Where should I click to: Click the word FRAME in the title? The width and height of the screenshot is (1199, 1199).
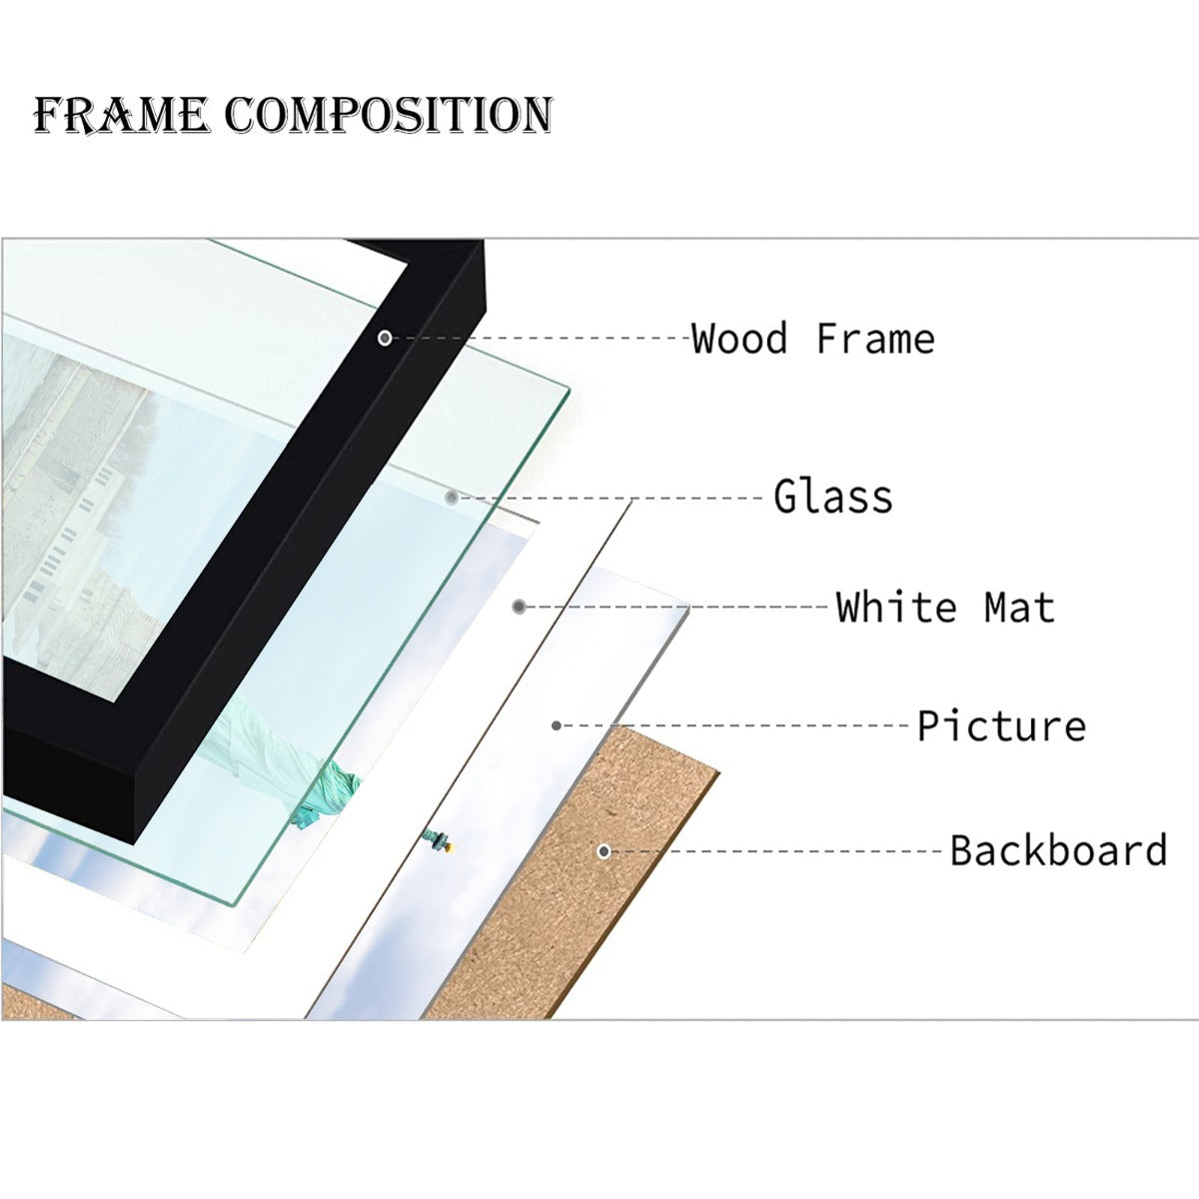(121, 116)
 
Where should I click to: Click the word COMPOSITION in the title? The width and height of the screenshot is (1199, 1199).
(389, 116)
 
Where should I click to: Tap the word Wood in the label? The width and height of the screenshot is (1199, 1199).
(739, 340)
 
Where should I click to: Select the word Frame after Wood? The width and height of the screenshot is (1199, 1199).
(875, 340)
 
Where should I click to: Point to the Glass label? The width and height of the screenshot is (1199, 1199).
(833, 498)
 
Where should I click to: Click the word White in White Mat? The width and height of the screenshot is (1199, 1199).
(896, 607)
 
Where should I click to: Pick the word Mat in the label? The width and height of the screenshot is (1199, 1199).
(1019, 607)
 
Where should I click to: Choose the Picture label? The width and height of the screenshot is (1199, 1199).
(1001, 726)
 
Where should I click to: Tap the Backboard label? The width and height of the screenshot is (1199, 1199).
(1058, 851)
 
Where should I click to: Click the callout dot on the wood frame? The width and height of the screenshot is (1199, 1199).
(385, 339)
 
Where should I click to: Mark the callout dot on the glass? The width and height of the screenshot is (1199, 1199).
(452, 498)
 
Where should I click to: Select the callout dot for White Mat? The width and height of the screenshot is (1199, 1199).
(519, 606)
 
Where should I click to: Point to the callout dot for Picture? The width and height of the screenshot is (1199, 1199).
(557, 725)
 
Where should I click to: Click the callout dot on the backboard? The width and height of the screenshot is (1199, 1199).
(603, 851)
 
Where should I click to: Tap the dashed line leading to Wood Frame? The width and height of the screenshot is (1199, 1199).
(540, 339)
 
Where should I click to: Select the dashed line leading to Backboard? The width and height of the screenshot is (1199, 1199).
(779, 851)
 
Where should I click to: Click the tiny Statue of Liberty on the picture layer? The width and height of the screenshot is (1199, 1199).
(437, 841)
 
